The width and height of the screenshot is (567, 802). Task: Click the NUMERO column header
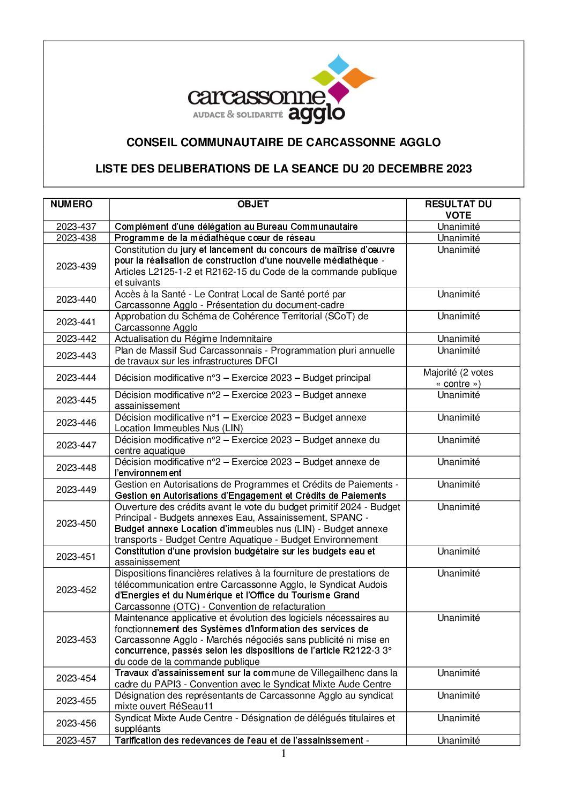point(71,204)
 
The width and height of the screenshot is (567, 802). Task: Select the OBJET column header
point(253,204)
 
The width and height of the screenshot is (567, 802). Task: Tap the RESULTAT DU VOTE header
point(458,209)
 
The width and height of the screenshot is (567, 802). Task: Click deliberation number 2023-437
point(76,227)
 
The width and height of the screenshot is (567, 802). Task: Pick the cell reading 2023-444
point(76,378)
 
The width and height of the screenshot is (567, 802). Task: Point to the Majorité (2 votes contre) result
point(458,378)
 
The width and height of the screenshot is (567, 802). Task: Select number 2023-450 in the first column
point(76,523)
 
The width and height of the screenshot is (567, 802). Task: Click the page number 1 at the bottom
point(283,754)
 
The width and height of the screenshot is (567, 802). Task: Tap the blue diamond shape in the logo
point(338,64)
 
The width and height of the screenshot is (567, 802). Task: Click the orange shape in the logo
point(359,78)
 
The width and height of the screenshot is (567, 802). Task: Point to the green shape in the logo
point(323,78)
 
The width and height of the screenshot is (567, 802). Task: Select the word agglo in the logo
point(316,113)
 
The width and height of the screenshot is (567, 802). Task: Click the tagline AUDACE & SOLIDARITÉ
point(237,114)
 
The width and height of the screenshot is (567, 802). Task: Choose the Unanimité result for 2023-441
point(458,316)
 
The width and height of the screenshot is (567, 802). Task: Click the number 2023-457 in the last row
point(76,740)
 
